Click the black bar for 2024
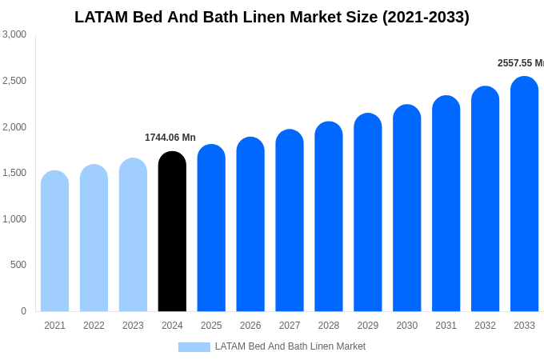[172, 232]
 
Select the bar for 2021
[54, 242]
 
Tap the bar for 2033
[524, 194]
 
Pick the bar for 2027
[290, 221]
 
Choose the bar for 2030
[406, 208]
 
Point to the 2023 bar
[133, 235]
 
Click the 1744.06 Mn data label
[170, 138]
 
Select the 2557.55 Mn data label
[520, 63]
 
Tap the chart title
[272, 17]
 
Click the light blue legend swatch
[194, 347]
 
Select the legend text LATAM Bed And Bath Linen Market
[290, 346]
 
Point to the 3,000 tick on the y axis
[14, 34]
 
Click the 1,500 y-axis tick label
[14, 173]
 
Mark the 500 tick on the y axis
[18, 265]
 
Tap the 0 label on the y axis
[23, 311]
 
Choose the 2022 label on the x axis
[94, 326]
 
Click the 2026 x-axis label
[250, 326]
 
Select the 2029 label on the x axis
[368, 326]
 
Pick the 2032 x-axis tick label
[485, 326]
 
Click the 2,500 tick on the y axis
[14, 81]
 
